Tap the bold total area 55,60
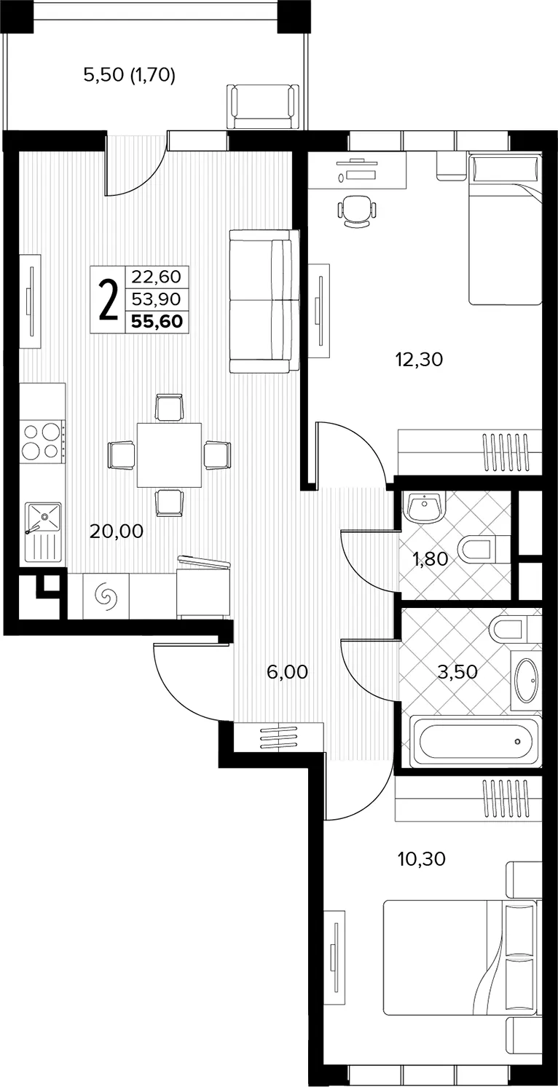pyautogui.click(x=157, y=321)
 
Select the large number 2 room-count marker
pyautogui.click(x=109, y=300)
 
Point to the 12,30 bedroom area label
pyautogui.click(x=419, y=360)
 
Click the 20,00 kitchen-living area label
pyautogui.click(x=117, y=531)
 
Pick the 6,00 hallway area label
pyautogui.click(x=287, y=672)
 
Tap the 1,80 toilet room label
pyautogui.click(x=431, y=559)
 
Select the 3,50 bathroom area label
pyautogui.click(x=457, y=671)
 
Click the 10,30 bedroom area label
pyautogui.click(x=422, y=859)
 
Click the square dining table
pyautogui.click(x=169, y=455)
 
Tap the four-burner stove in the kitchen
pyautogui.click(x=42, y=441)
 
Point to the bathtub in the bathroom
pyautogui.click(x=474, y=741)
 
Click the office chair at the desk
pyautogui.click(x=357, y=210)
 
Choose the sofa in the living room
pyautogui.click(x=264, y=301)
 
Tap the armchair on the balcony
pyautogui.click(x=262, y=107)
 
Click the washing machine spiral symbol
pyautogui.click(x=106, y=596)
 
